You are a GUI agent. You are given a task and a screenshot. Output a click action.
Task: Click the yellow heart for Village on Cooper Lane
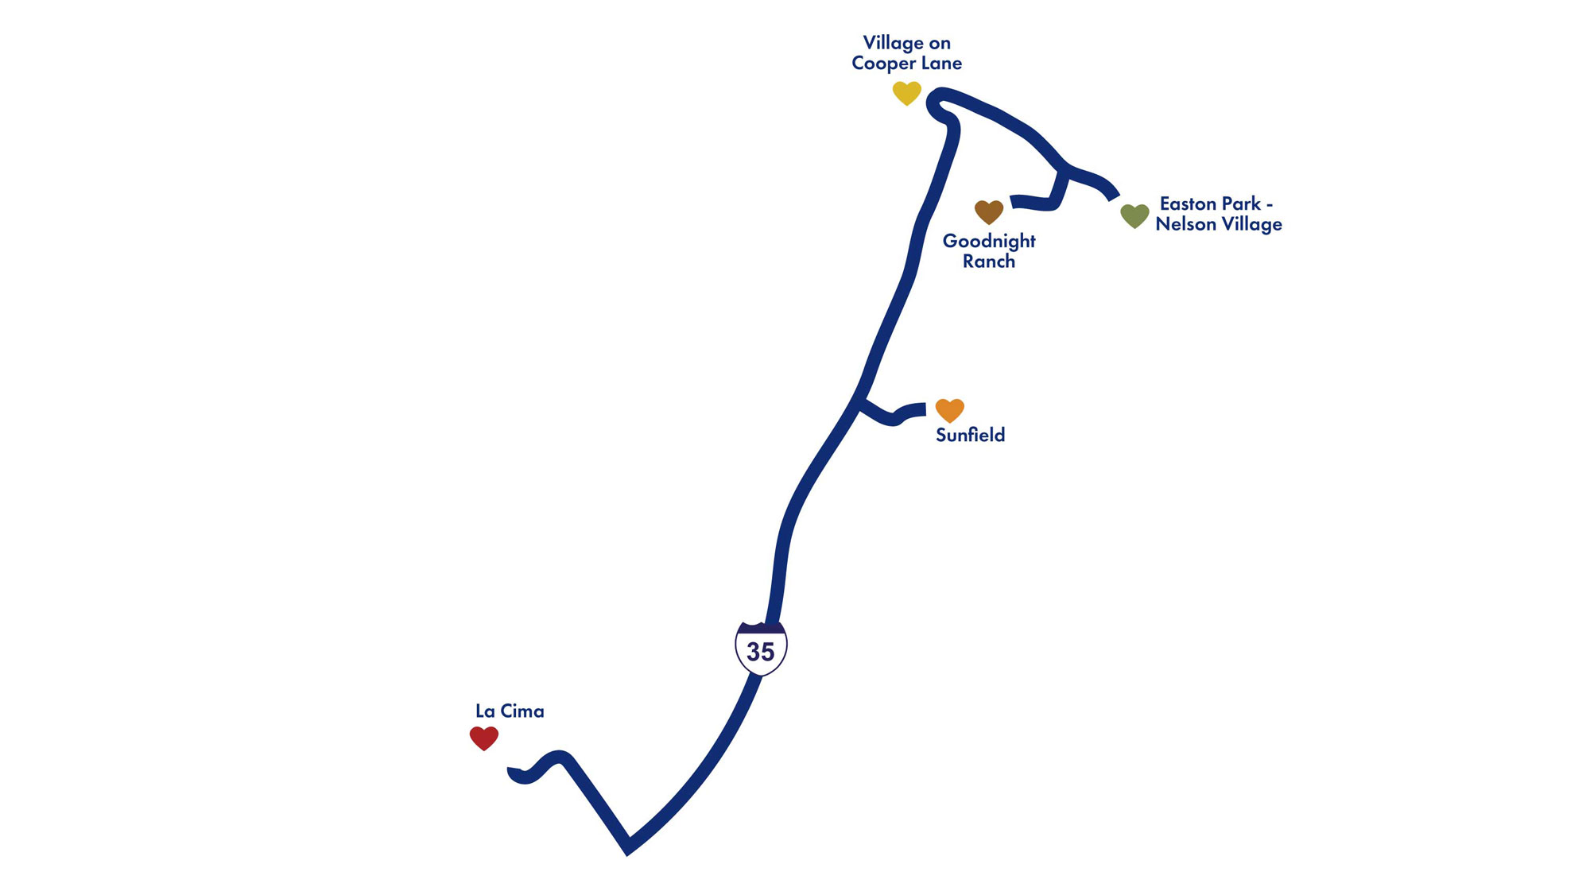906,93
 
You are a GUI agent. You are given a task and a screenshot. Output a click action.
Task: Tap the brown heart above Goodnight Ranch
989,212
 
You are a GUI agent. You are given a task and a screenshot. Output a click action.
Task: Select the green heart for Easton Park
1134,215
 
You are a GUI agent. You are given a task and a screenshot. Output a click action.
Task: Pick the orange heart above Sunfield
949,410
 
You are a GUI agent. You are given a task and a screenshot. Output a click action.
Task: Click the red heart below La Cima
483,738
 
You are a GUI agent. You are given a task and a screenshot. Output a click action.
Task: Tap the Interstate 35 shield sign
761,649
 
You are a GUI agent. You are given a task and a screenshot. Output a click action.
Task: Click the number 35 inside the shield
761,652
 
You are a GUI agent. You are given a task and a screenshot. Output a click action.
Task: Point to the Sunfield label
970,435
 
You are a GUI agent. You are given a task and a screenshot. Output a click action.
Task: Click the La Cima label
510,711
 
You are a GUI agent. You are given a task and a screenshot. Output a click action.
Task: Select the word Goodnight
989,241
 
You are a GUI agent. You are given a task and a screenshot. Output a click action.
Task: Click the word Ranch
989,262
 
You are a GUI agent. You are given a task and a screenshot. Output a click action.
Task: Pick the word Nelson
1185,224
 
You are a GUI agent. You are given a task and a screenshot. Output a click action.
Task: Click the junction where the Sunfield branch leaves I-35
860,403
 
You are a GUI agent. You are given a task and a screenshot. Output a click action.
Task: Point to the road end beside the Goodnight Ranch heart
1014,201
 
